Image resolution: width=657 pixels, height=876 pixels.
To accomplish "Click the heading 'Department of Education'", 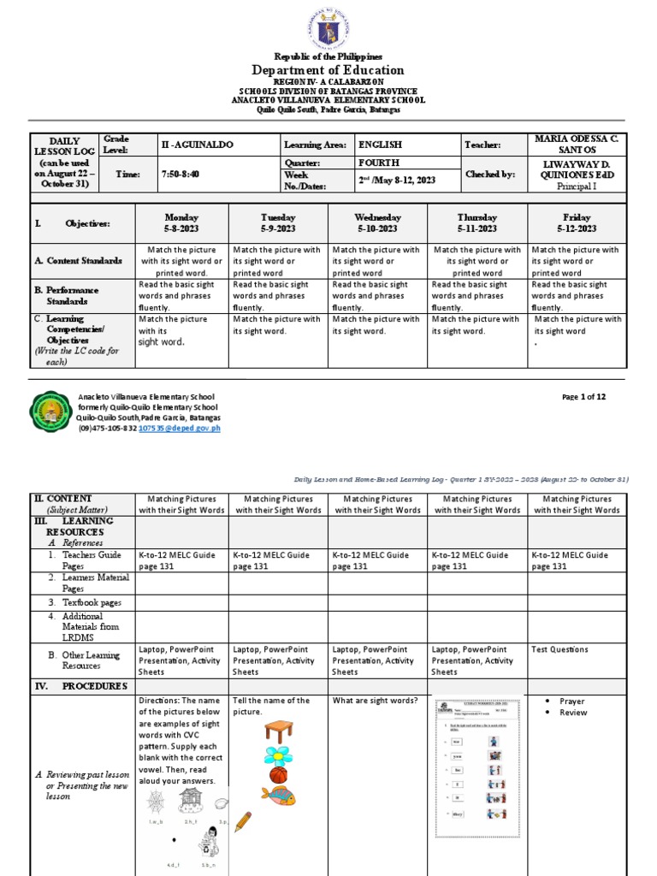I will (328, 70).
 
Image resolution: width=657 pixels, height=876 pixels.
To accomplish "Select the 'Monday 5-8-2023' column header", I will (181, 223).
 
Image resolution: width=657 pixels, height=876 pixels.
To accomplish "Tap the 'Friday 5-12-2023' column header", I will (577, 223).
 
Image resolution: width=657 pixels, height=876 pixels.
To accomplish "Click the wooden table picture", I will (279, 732).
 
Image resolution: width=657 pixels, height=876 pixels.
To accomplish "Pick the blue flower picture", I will (278, 755).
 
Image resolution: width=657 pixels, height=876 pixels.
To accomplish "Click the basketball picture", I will (278, 775).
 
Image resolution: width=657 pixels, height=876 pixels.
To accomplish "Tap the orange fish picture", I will (278, 796).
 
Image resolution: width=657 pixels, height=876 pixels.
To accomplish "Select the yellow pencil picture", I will (243, 822).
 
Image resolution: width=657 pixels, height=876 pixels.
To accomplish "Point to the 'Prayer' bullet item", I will (571, 701).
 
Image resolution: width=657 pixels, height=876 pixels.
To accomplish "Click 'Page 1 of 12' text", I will (583, 397).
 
